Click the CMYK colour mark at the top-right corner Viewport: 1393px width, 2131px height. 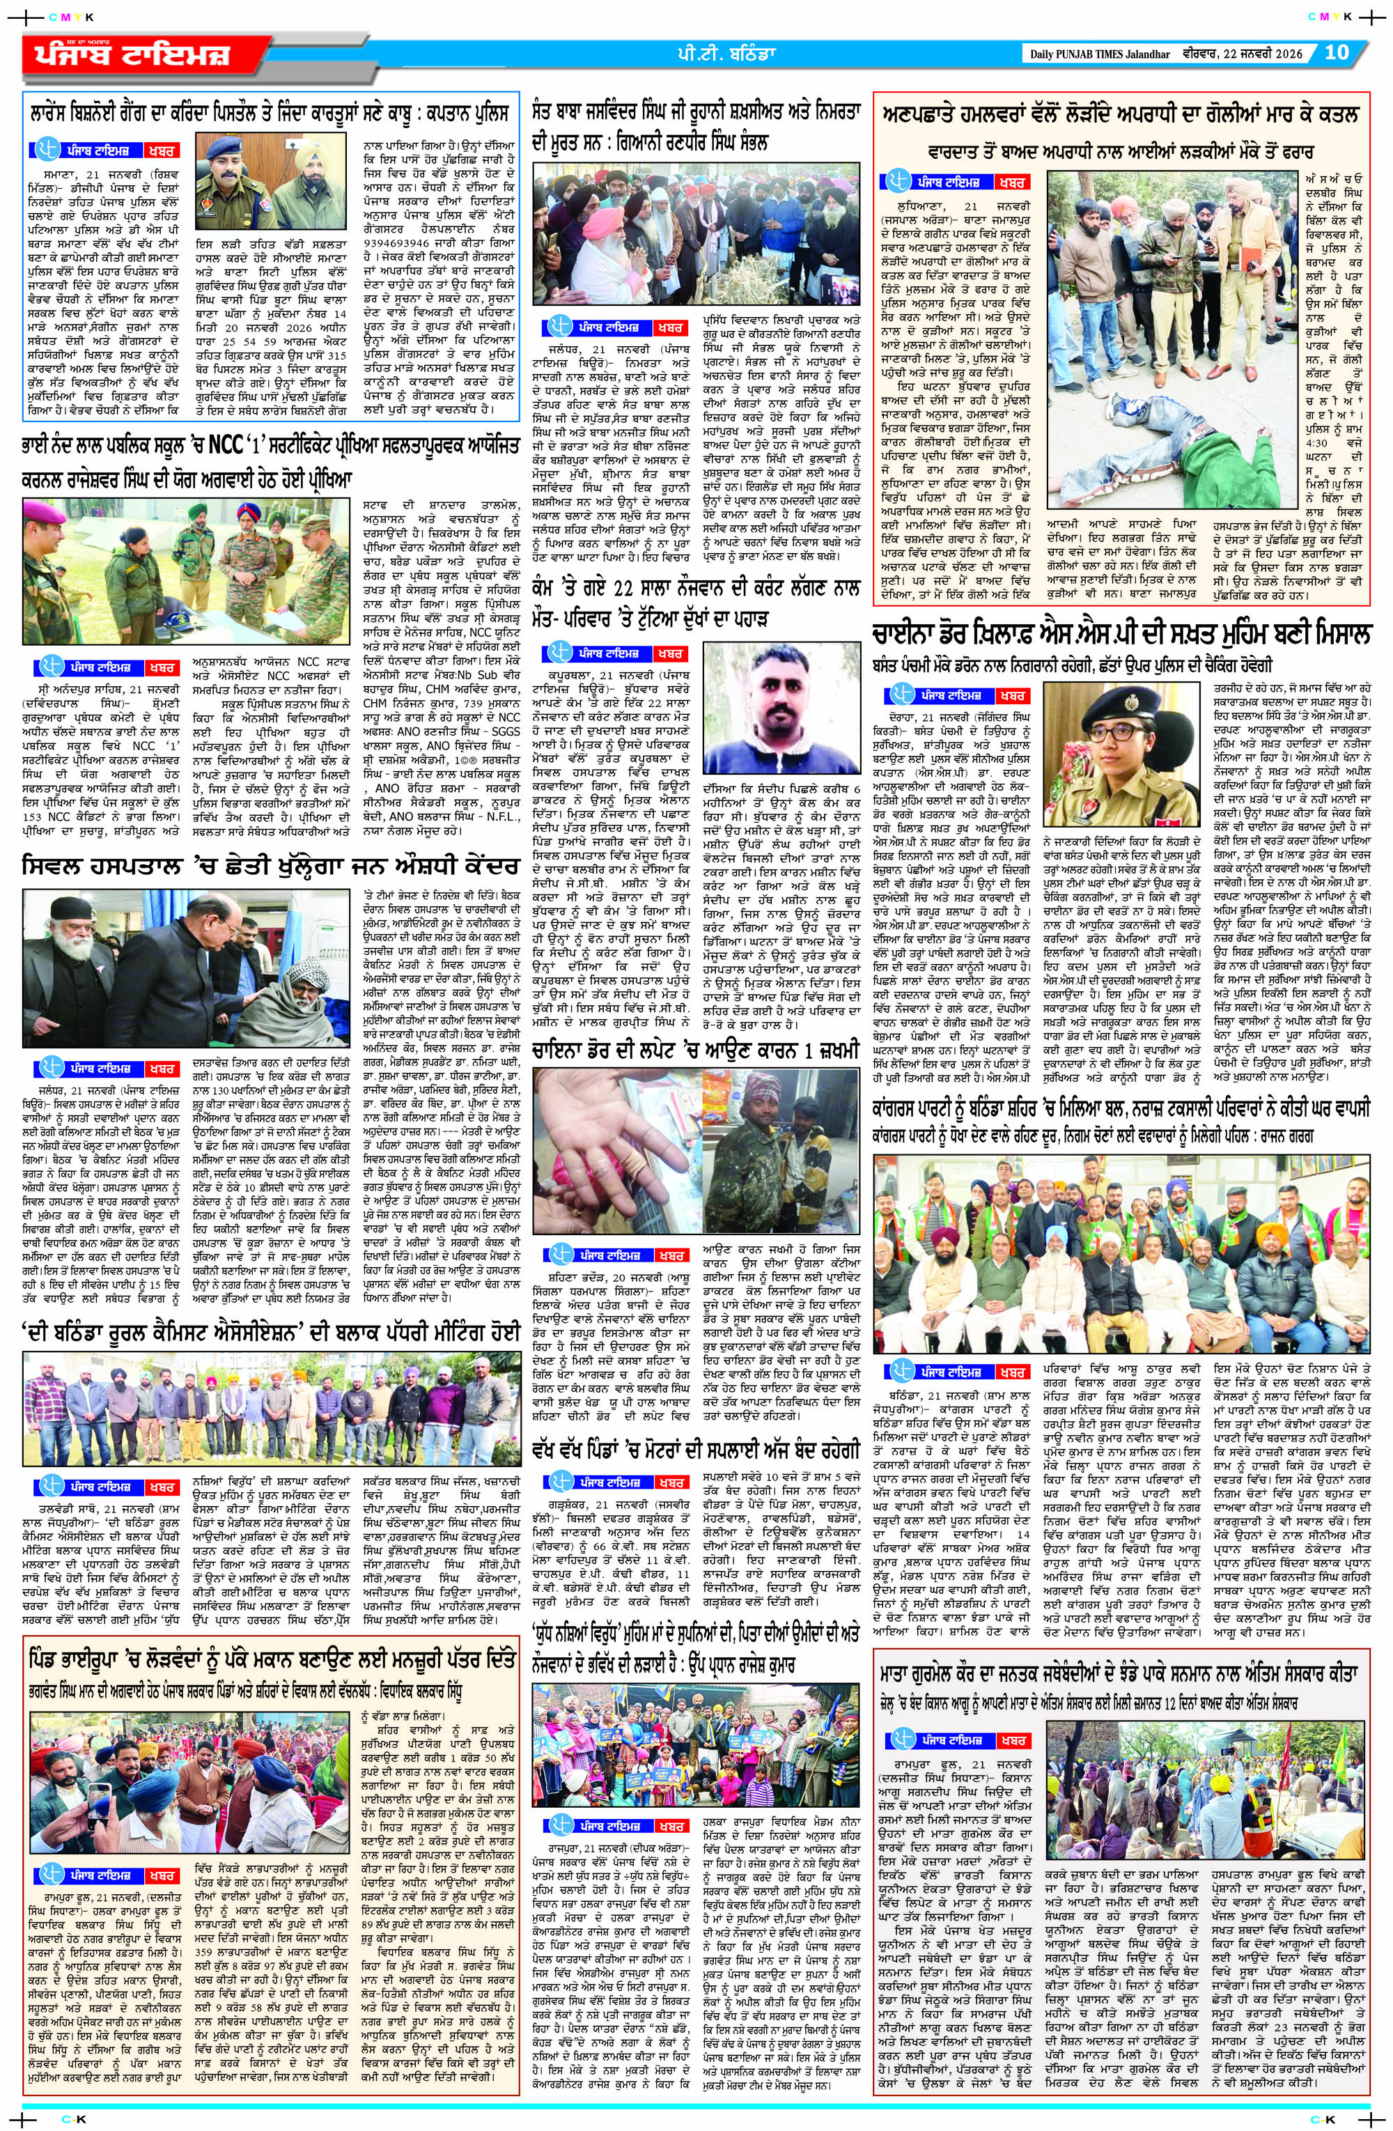point(1328,15)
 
